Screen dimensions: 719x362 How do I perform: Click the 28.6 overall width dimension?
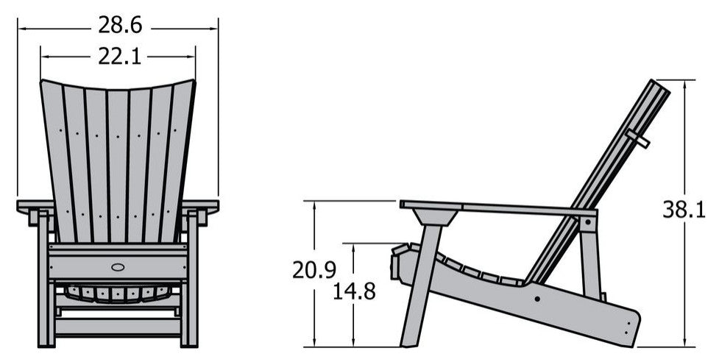coord(120,25)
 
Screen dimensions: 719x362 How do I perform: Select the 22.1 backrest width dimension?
coord(120,57)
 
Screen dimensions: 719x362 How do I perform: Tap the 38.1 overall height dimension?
coord(684,210)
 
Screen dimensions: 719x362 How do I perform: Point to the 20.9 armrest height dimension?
coord(314,270)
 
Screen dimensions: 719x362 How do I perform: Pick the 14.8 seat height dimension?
coord(354,291)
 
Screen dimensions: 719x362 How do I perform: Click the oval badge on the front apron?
coord(118,266)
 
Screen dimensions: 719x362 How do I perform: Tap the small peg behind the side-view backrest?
coord(638,139)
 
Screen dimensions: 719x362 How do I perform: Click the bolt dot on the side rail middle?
coord(537,299)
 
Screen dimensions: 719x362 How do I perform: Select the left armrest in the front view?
coord(35,207)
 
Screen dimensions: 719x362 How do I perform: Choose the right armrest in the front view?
coord(200,207)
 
